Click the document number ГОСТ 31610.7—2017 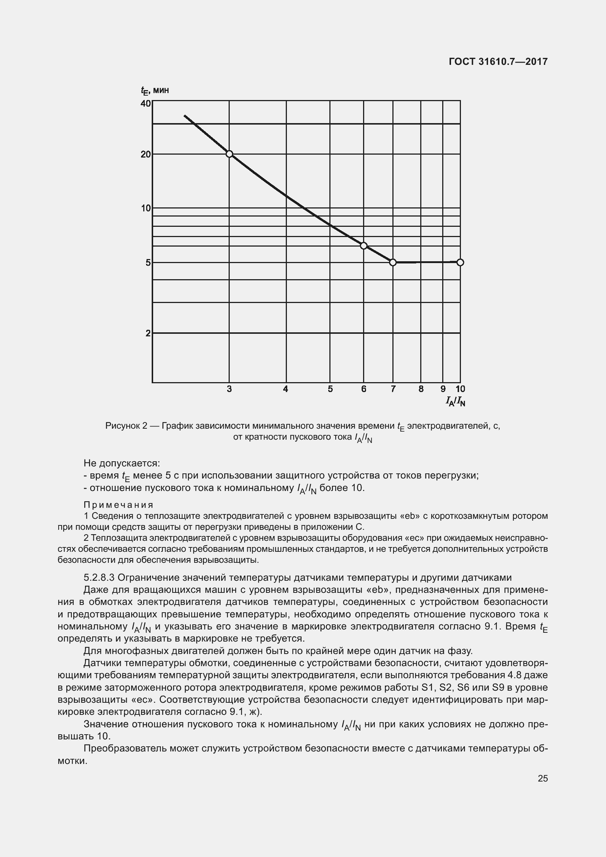tap(498, 62)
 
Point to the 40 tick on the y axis tap(145, 103)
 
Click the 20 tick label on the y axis tap(145, 154)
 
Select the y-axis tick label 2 tap(148, 333)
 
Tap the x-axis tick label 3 tap(229, 389)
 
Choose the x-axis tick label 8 tap(421, 389)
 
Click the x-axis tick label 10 tap(460, 389)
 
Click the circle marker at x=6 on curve tap(363, 245)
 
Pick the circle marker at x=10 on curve tap(460, 262)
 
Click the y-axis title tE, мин tap(155, 90)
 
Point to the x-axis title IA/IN tap(455, 402)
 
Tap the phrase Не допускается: tap(122, 463)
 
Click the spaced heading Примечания tap(118, 505)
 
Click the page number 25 tap(543, 778)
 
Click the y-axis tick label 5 tap(148, 263)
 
